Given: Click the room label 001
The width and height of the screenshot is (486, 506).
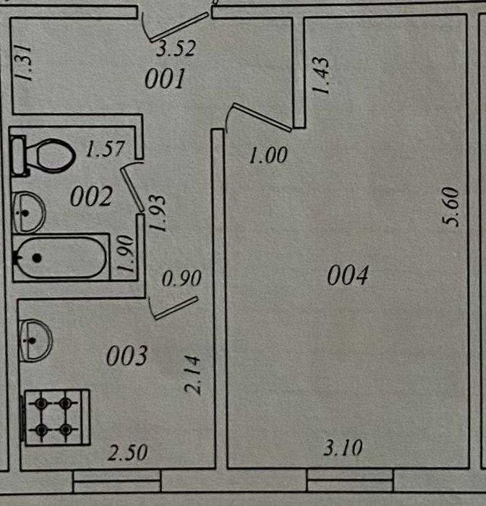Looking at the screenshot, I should tap(166, 79).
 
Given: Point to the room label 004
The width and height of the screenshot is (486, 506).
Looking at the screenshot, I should tap(348, 275).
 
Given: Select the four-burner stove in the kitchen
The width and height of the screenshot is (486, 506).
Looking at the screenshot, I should tap(56, 417).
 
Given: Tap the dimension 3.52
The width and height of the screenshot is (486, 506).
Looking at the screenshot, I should tap(177, 49).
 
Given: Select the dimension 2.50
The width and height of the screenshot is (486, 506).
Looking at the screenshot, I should tap(127, 453).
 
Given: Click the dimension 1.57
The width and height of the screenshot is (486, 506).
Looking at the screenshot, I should tap(106, 150).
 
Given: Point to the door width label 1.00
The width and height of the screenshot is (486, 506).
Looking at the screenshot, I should tap(268, 155).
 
